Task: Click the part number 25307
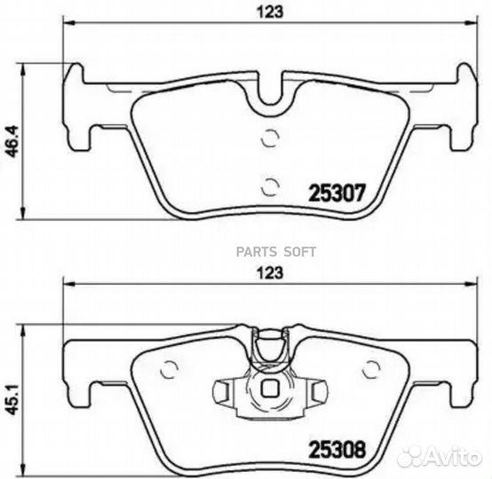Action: tap(337, 192)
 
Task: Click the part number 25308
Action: tap(337, 449)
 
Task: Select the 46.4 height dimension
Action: tap(14, 141)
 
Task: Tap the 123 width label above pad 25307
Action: tap(271, 12)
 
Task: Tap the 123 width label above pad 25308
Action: tap(271, 272)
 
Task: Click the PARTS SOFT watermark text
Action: tap(276, 252)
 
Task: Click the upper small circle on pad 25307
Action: tap(270, 137)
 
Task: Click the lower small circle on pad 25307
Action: tap(270, 187)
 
